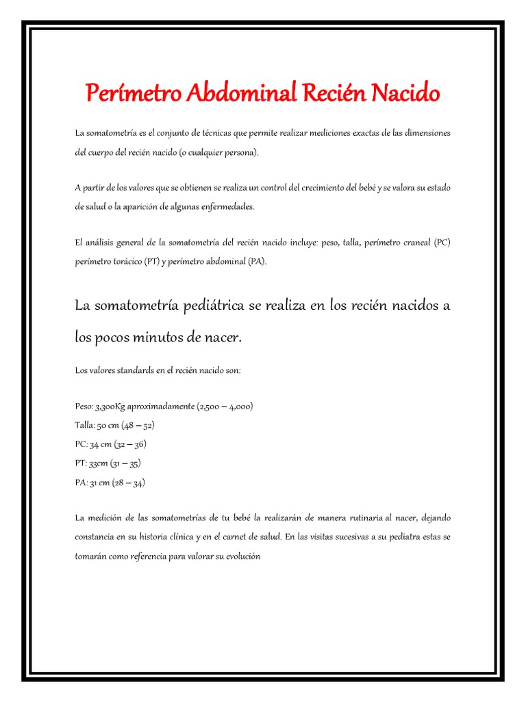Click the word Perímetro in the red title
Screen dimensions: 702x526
(x=126, y=92)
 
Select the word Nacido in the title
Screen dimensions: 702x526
(x=405, y=92)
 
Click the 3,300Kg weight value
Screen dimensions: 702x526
(x=110, y=406)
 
